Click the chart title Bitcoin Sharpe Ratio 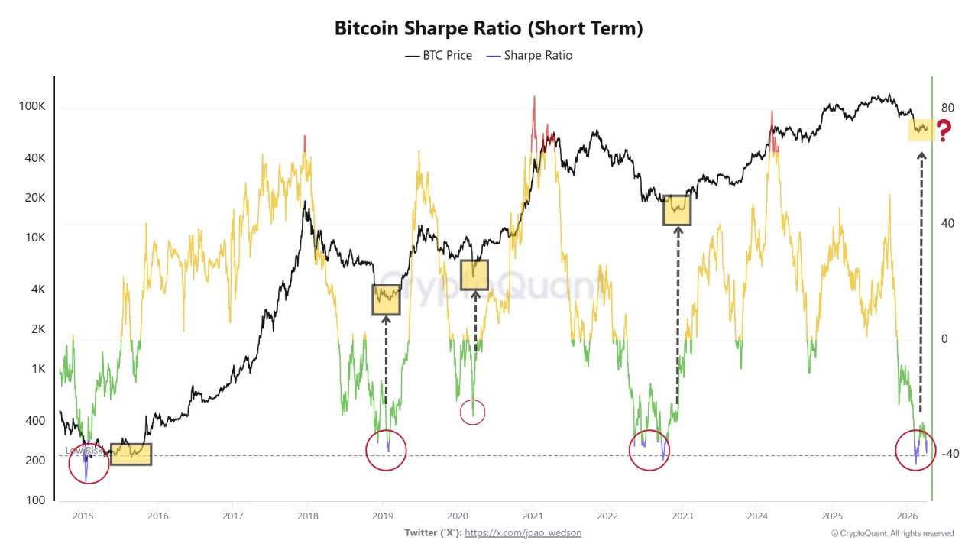pyautogui.click(x=488, y=28)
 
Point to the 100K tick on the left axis pyautogui.click(x=32, y=106)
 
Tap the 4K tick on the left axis pyautogui.click(x=36, y=290)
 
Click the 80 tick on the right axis pyautogui.click(x=947, y=108)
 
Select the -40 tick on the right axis pyautogui.click(x=949, y=454)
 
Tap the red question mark pyautogui.click(x=944, y=131)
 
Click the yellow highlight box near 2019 pyautogui.click(x=386, y=299)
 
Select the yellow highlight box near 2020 pyautogui.click(x=474, y=275)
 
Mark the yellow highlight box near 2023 pyautogui.click(x=677, y=209)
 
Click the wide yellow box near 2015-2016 pyautogui.click(x=131, y=454)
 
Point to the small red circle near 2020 pyautogui.click(x=473, y=412)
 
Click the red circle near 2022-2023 pyautogui.click(x=649, y=451)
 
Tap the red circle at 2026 pyautogui.click(x=915, y=450)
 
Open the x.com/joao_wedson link pyautogui.click(x=523, y=533)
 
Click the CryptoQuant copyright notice pyautogui.click(x=892, y=533)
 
